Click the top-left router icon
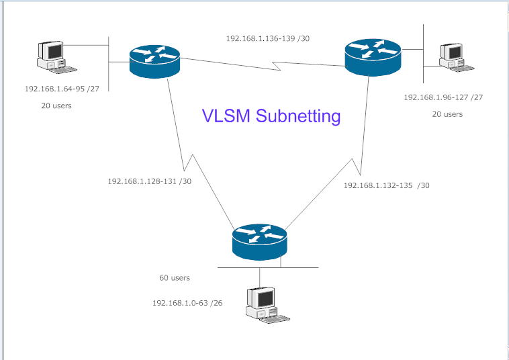pyautogui.click(x=155, y=61)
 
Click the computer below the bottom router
pyautogui.click(x=262, y=306)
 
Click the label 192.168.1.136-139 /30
pyautogui.click(x=268, y=38)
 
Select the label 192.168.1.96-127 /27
pyautogui.click(x=443, y=97)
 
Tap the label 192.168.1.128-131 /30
pyautogui.click(x=149, y=181)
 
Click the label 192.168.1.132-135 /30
pyautogui.click(x=386, y=185)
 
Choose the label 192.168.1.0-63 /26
pyautogui.click(x=187, y=303)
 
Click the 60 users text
pyautogui.click(x=175, y=277)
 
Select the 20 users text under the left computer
pyautogui.click(x=56, y=105)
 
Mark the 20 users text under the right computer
pyautogui.click(x=447, y=114)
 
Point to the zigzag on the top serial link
pyautogui.click(x=276, y=65)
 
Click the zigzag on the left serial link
pyautogui.click(x=189, y=161)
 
